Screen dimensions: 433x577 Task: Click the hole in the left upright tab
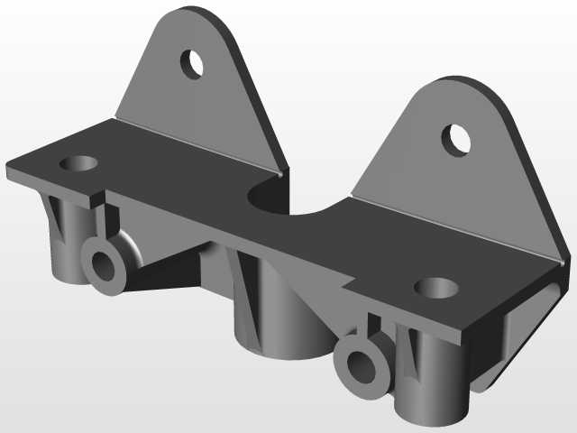tap(193, 64)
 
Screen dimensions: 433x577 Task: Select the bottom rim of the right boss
tap(433, 417)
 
